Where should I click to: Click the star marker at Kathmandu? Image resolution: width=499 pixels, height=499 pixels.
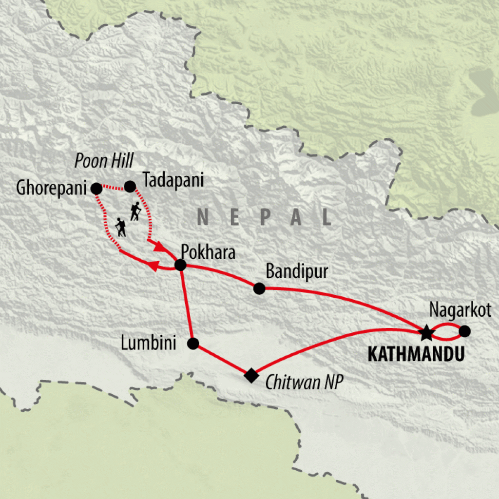pyautogui.click(x=426, y=333)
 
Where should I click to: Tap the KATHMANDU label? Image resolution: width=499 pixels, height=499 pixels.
pyautogui.click(x=415, y=355)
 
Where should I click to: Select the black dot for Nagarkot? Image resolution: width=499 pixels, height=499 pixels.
pyautogui.click(x=465, y=331)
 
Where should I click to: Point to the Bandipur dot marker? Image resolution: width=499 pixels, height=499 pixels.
pyautogui.click(x=259, y=288)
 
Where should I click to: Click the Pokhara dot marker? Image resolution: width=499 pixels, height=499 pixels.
pyautogui.click(x=180, y=265)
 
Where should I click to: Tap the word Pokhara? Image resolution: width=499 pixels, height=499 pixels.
pyautogui.click(x=208, y=253)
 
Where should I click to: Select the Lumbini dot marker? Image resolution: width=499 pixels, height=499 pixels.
pyautogui.click(x=193, y=344)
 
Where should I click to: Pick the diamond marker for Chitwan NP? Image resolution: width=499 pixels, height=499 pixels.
pyautogui.click(x=251, y=375)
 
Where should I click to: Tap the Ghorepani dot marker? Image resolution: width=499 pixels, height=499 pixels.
pyautogui.click(x=96, y=188)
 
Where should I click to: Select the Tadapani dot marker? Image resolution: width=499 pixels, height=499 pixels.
pyautogui.click(x=130, y=186)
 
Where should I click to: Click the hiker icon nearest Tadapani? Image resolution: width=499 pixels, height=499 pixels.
pyautogui.click(x=135, y=212)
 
